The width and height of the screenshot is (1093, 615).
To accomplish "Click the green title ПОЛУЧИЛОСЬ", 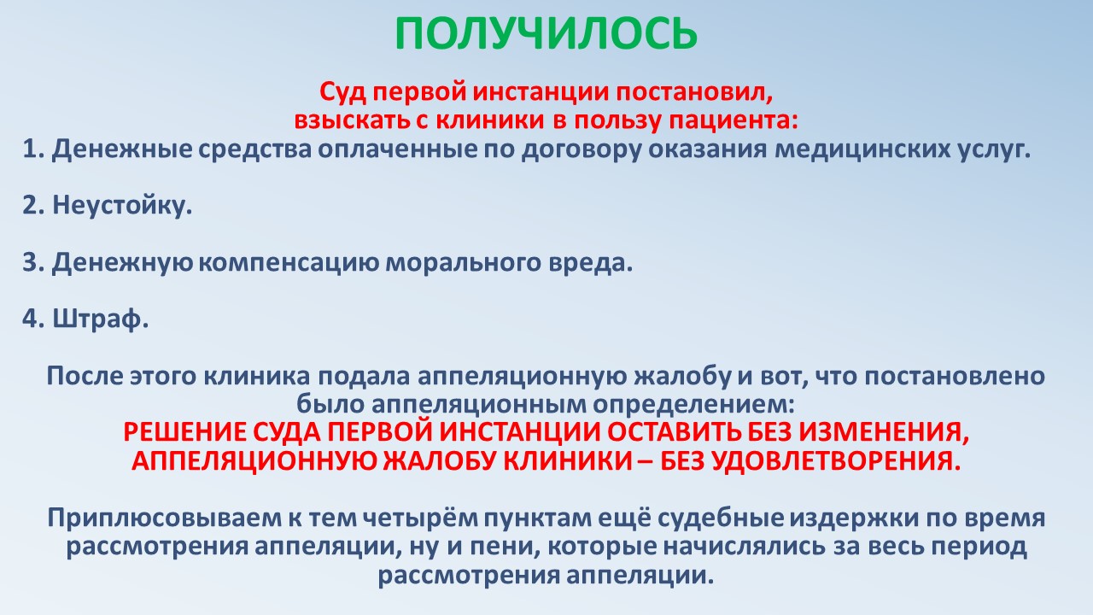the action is (x=546, y=33).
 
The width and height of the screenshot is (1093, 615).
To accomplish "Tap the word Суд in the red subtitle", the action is (x=342, y=93).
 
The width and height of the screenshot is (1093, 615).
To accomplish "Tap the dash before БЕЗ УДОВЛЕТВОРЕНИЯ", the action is (x=646, y=462).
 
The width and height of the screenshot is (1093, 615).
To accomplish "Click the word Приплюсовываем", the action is (x=165, y=518).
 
